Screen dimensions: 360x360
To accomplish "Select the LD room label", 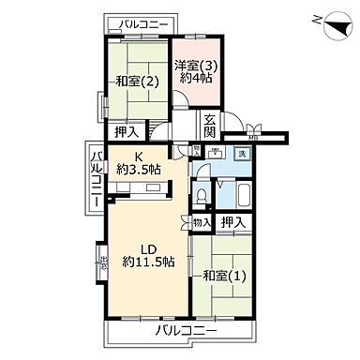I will click(x=148, y=248).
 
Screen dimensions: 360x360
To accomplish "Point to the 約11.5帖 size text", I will click(x=148, y=262).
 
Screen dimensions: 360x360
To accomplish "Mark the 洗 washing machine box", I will click(x=241, y=153).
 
